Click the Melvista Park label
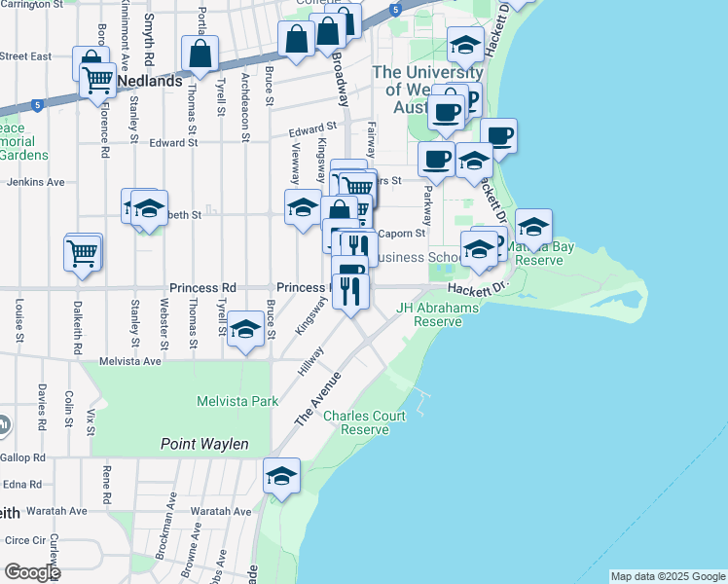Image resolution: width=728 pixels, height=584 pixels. click(237, 401)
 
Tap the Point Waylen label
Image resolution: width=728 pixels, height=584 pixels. click(204, 445)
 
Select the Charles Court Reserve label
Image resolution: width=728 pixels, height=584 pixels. click(364, 422)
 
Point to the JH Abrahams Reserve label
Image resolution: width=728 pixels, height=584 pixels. click(437, 314)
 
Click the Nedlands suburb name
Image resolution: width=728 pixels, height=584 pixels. click(152, 81)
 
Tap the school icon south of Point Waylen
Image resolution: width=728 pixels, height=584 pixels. click(281, 477)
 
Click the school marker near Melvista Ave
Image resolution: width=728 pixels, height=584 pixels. click(246, 329)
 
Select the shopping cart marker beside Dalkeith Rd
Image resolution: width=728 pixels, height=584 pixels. click(83, 253)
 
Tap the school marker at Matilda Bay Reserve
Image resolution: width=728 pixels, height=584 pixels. click(533, 228)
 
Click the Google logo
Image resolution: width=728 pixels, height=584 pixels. click(31, 572)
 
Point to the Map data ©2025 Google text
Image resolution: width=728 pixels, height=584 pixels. click(667, 576)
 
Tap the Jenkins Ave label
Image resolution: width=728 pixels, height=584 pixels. click(36, 182)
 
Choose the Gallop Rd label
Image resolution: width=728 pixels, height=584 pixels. click(23, 456)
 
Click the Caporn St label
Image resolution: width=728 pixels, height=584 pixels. click(402, 234)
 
